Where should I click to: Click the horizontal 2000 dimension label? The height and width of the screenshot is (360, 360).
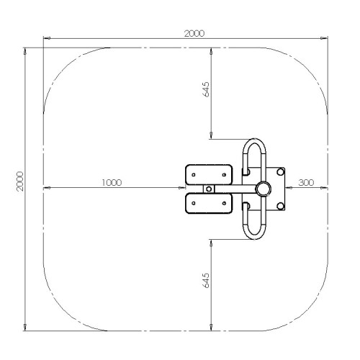point(194,33)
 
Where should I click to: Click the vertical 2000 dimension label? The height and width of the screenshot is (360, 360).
point(20,181)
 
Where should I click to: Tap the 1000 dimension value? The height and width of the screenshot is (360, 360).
point(112,183)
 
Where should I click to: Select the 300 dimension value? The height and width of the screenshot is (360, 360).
point(306,183)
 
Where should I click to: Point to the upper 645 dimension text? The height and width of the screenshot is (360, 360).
point(206,89)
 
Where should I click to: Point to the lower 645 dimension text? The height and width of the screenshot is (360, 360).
point(206,280)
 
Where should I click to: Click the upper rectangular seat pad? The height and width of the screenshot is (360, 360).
point(209,175)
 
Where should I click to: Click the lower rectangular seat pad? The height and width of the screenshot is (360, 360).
point(209,203)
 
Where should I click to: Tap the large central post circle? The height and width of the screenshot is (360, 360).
point(263,189)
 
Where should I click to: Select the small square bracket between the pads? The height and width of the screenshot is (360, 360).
point(209,189)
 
